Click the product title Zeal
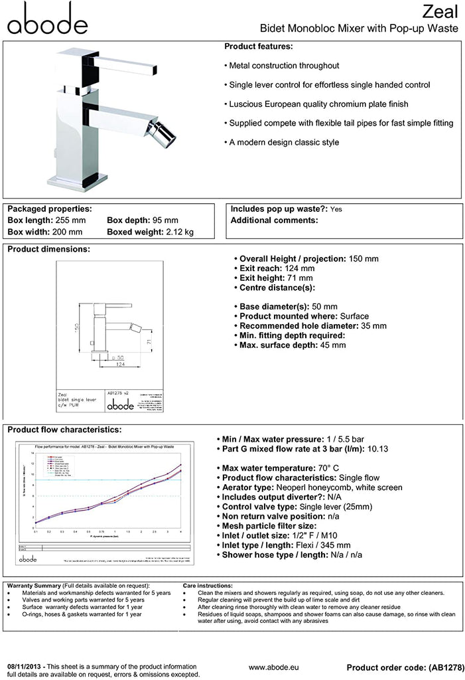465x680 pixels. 442,11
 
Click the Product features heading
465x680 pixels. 258,46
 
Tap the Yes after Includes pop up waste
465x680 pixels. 336,209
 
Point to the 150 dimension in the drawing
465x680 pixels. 78,329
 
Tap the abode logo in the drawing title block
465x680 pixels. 119,404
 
